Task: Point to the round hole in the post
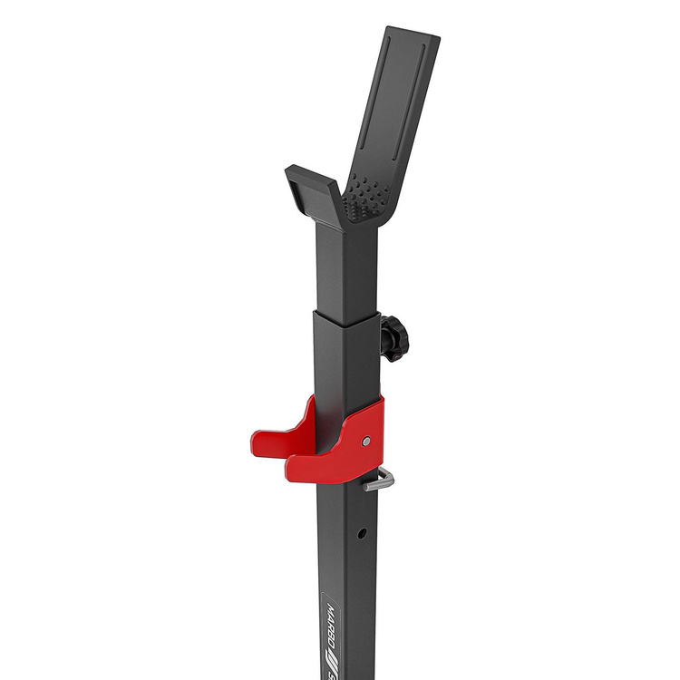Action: click(x=362, y=534)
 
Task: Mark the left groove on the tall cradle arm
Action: click(x=381, y=100)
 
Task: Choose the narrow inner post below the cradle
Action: click(x=345, y=267)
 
